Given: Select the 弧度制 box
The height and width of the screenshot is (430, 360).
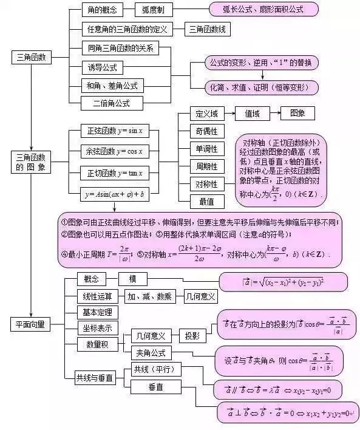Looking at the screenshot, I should [x=157, y=10].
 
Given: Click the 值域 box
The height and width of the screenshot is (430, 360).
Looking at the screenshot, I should [x=256, y=114].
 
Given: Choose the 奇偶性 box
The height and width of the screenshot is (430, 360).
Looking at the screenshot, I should [x=206, y=131].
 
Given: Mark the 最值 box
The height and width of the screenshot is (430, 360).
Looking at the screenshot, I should [x=206, y=201].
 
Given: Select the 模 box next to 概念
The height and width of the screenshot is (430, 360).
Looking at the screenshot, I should [x=133, y=279].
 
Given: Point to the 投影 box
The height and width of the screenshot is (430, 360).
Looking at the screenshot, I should [x=192, y=336].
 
